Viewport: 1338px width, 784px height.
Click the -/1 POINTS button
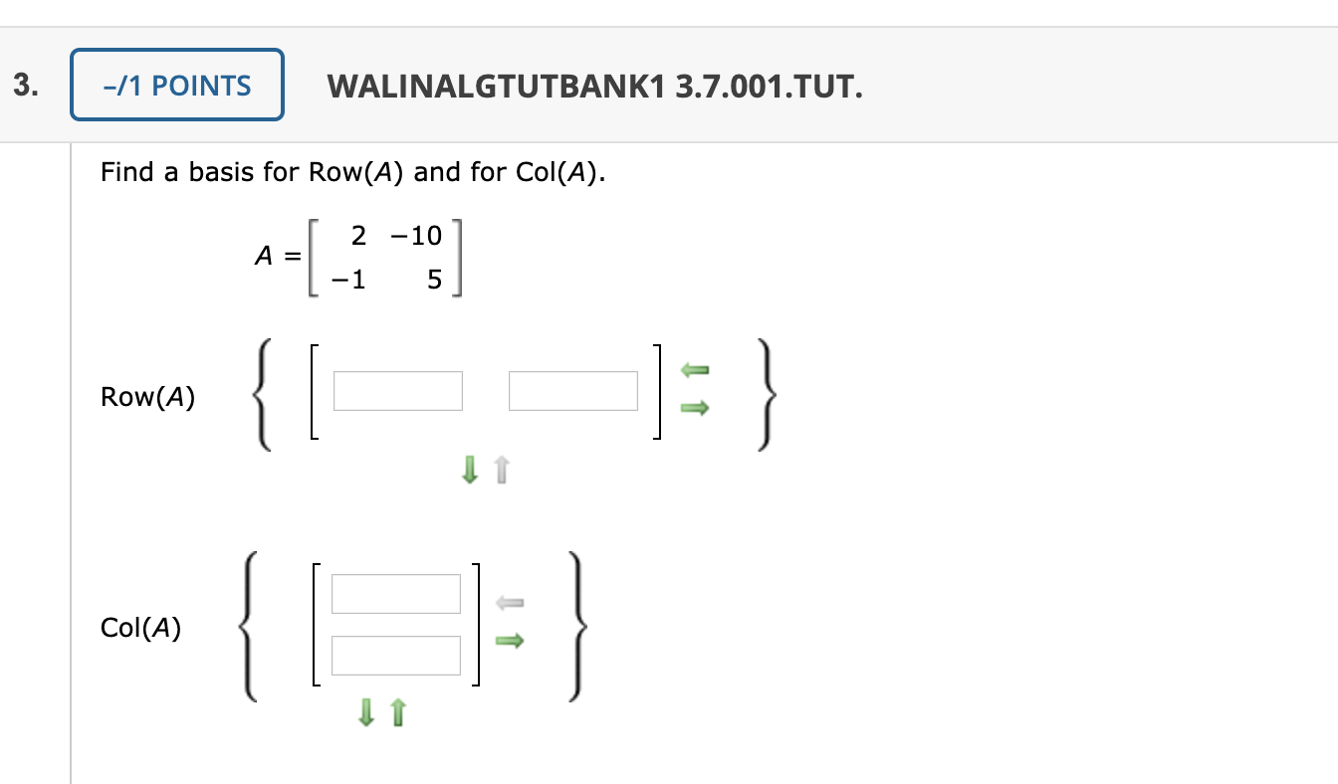pyautogui.click(x=177, y=86)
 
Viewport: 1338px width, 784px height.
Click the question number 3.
pyautogui.click(x=27, y=86)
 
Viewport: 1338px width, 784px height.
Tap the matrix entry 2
pyautogui.click(x=359, y=236)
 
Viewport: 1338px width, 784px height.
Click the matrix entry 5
pyautogui.click(x=433, y=281)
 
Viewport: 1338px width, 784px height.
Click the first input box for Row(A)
pyautogui.click(x=398, y=391)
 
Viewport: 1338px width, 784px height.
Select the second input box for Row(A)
pyautogui.click(x=573, y=391)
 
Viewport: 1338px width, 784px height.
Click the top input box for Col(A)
pyautogui.click(x=396, y=594)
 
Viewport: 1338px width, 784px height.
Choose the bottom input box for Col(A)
pyautogui.click(x=396, y=656)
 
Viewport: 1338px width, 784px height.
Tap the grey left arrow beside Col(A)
pyautogui.click(x=509, y=602)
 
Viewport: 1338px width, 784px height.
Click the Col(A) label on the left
pyautogui.click(x=140, y=628)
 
